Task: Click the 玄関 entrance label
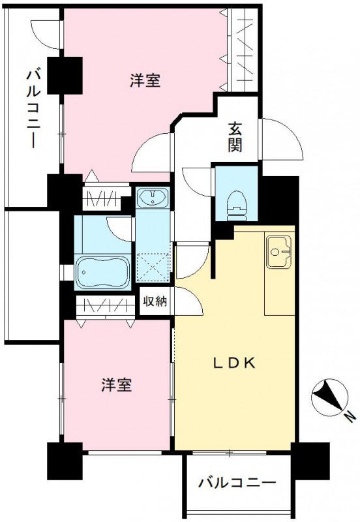235,136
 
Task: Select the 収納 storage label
155,301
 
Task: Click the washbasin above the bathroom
153,196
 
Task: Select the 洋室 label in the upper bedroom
145,80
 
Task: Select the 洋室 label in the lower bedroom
116,385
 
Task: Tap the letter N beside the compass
351,416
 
